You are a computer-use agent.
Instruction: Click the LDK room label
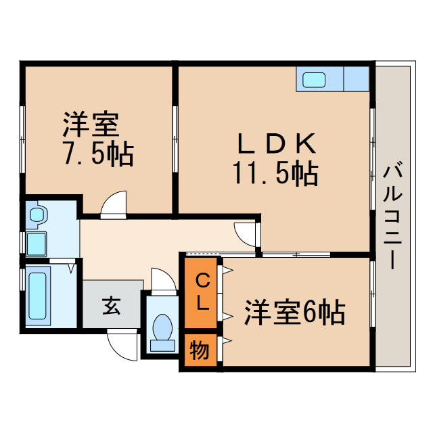275,145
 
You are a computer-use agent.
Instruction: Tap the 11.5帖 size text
275,175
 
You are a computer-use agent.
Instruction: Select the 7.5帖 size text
97,154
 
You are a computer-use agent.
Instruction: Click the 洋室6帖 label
295,313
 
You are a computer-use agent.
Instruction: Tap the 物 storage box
200,351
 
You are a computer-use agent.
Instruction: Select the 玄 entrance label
112,306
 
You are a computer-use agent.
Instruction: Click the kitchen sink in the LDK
313,79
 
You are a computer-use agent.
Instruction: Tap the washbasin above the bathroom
37,215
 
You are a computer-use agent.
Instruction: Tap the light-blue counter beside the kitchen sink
356,79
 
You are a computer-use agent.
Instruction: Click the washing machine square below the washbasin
36,242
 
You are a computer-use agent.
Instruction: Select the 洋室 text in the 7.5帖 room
91,124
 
